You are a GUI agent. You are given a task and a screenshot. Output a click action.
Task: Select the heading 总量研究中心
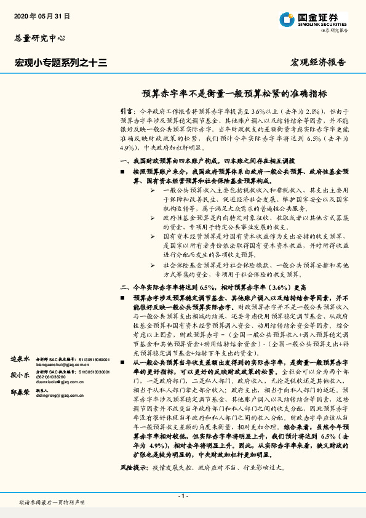tap(40, 38)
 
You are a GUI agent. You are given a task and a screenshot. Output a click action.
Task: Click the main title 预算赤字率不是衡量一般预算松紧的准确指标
tap(234, 94)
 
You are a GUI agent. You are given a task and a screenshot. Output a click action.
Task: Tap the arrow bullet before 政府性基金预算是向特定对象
tap(153, 218)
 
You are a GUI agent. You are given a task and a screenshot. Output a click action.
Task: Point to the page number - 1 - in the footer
tap(183, 495)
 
